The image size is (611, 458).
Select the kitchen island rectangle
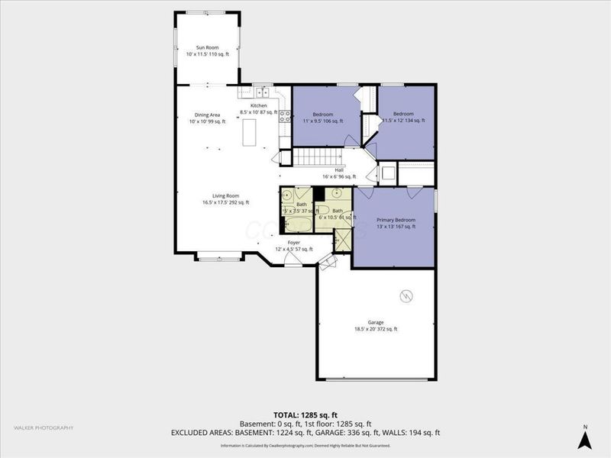point(249,134)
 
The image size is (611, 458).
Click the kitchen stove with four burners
point(284,117)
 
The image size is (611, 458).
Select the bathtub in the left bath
point(296,224)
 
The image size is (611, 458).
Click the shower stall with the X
point(342,240)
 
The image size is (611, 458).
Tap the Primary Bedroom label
point(396,223)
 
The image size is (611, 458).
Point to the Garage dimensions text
point(375,329)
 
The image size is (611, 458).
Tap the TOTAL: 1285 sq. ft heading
point(305,415)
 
